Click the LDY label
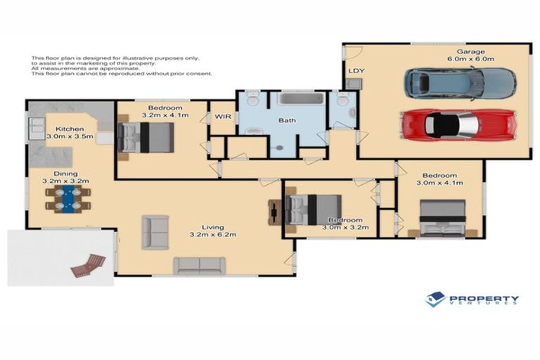354,71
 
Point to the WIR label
222,115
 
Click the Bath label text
287,120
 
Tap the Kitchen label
70,129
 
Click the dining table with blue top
68,198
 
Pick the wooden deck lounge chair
88,265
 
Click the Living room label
212,227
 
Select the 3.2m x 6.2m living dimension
212,236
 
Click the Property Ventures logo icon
435,300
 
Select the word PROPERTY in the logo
484,297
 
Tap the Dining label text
67,173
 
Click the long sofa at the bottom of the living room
200,265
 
